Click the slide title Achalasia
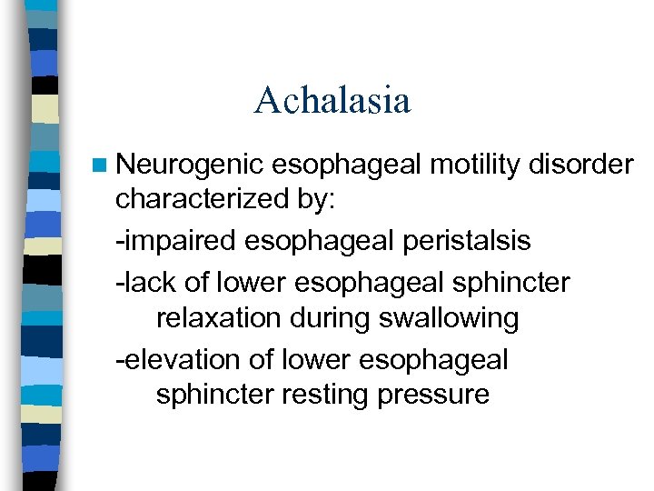[x=332, y=100]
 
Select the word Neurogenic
[x=190, y=165]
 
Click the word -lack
[x=145, y=283]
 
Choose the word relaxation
[x=218, y=319]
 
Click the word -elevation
[x=177, y=359]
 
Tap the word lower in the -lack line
[x=250, y=283]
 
